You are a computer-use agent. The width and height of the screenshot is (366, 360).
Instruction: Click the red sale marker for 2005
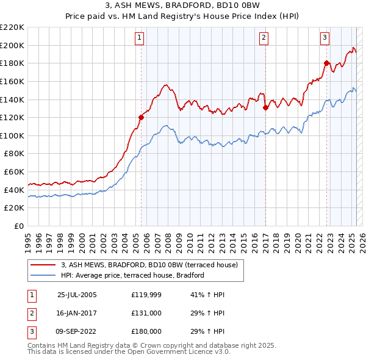click(x=141, y=117)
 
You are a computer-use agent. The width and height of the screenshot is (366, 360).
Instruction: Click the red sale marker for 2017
click(x=265, y=107)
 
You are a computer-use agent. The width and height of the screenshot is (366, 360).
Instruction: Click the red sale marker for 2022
click(x=326, y=63)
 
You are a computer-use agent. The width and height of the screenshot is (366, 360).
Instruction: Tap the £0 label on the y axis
click(x=18, y=226)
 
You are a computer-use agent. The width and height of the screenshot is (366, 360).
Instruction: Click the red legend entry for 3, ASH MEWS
click(x=152, y=265)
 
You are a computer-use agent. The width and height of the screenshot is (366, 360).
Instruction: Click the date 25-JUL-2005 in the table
click(x=77, y=295)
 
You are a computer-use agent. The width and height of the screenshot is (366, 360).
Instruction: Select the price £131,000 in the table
click(x=146, y=313)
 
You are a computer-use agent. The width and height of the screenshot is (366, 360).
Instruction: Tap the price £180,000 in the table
click(x=146, y=331)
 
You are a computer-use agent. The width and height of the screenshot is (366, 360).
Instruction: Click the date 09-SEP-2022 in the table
click(x=77, y=331)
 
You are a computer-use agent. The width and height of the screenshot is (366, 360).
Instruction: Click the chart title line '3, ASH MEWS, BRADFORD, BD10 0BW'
click(x=182, y=6)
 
